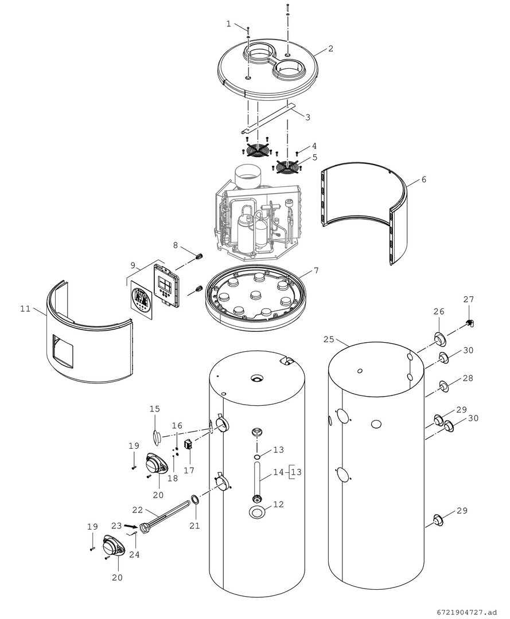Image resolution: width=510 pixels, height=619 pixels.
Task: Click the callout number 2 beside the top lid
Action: point(330,49)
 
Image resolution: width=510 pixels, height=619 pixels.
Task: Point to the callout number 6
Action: point(423,179)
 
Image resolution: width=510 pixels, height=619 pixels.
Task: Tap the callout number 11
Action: point(25,308)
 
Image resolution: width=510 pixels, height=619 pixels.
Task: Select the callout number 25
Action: point(328,339)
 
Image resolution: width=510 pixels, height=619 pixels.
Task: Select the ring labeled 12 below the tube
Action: point(257,512)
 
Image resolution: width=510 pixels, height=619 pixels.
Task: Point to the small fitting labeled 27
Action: point(469,323)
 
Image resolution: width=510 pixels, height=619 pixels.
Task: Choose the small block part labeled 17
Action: point(188,444)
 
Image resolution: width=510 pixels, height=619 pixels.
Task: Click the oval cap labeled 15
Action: point(156,436)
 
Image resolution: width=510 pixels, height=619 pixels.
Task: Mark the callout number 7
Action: point(316,270)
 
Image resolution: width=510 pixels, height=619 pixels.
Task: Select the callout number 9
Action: point(133,265)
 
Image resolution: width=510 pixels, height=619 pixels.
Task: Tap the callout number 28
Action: point(468,378)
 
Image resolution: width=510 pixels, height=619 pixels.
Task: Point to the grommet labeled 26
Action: point(440,339)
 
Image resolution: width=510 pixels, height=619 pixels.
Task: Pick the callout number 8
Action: point(176,246)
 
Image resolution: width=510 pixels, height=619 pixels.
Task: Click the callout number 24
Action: point(134,555)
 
